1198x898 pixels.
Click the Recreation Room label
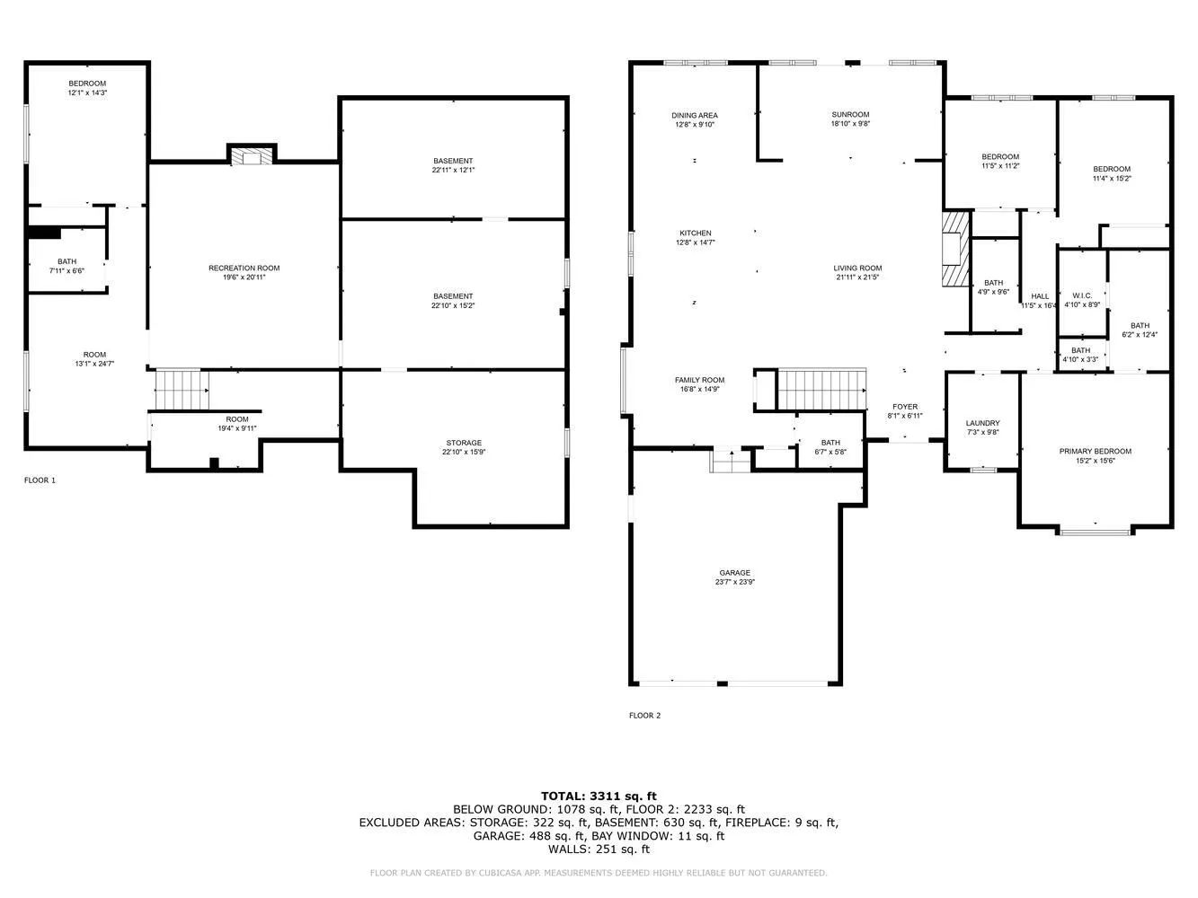click(244, 268)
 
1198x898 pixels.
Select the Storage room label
click(464, 443)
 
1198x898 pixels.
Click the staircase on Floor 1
click(182, 389)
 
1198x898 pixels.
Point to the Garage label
click(734, 573)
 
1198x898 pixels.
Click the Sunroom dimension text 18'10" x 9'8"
click(850, 124)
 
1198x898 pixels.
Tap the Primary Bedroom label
click(1095, 452)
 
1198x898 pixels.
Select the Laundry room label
click(982, 423)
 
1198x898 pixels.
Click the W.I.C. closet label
click(1081, 295)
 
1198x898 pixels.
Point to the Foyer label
click(905, 407)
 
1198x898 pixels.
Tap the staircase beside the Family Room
click(821, 388)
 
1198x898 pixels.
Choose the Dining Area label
click(695, 115)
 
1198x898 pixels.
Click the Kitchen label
click(695, 233)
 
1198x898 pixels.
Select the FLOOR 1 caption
click(40, 480)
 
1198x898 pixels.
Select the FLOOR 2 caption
click(644, 716)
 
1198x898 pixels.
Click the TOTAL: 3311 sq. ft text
click(599, 796)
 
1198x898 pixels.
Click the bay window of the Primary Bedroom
click(1095, 532)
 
